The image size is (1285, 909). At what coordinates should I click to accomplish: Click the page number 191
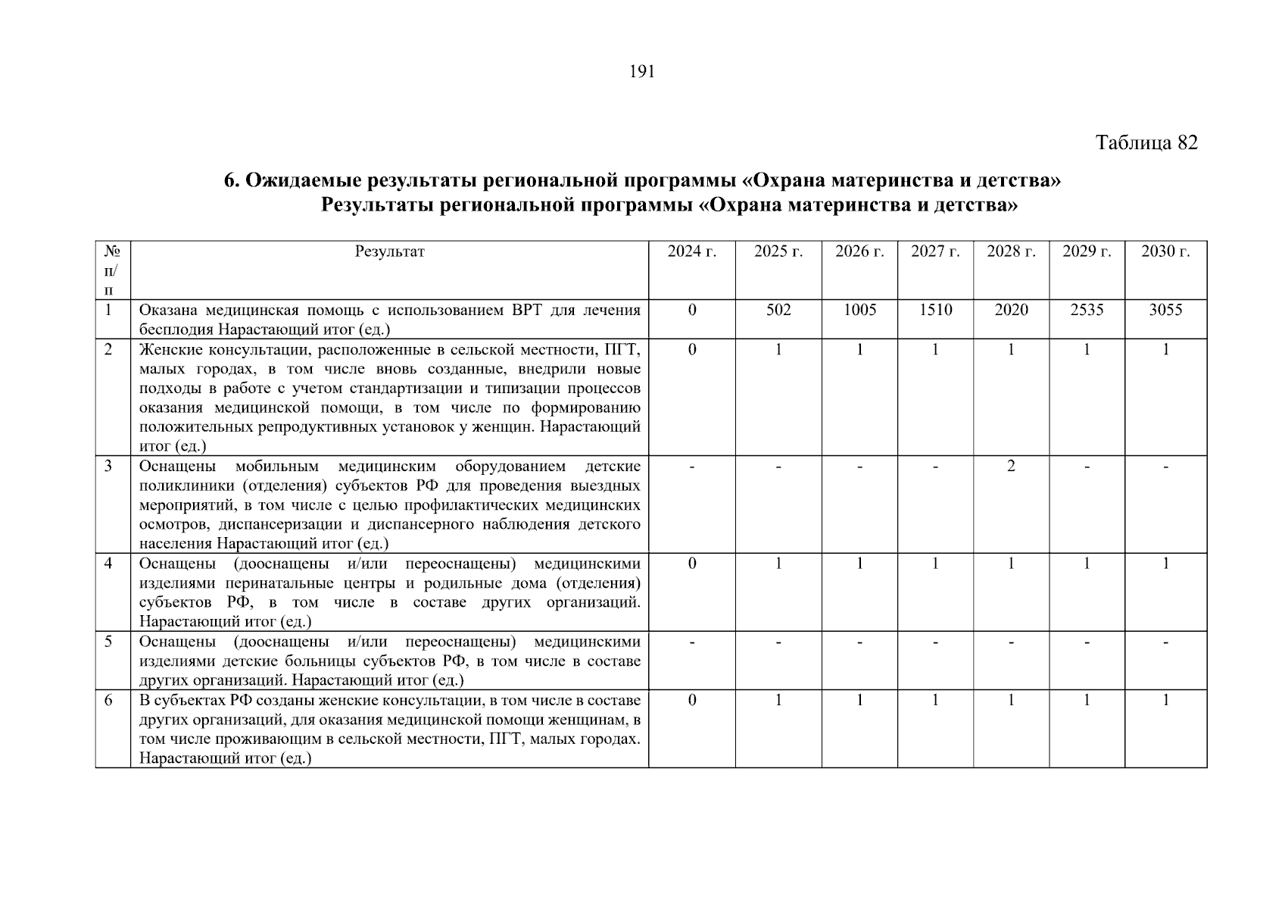641,72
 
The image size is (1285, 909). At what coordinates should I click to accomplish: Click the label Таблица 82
1146,143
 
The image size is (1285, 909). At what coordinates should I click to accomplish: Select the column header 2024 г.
691,252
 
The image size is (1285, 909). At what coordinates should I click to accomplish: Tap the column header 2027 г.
935,252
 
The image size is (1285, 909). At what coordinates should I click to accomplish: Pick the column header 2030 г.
1165,252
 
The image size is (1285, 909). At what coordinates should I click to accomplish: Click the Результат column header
389,252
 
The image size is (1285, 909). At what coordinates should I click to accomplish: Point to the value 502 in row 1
778,311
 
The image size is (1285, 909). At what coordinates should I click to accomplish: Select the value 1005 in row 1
859,311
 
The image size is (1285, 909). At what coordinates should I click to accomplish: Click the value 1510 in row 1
935,311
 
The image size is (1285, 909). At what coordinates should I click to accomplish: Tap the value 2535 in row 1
1087,311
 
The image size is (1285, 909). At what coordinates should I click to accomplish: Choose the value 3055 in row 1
1165,311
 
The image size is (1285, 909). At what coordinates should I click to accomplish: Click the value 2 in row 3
1011,467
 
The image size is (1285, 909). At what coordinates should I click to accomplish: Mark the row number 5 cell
108,642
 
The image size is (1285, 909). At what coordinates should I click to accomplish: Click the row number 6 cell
108,701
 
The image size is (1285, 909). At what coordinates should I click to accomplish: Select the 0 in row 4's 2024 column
691,564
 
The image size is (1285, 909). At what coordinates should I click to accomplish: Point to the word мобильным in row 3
277,467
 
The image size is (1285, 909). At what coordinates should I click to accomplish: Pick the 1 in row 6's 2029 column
1087,701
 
